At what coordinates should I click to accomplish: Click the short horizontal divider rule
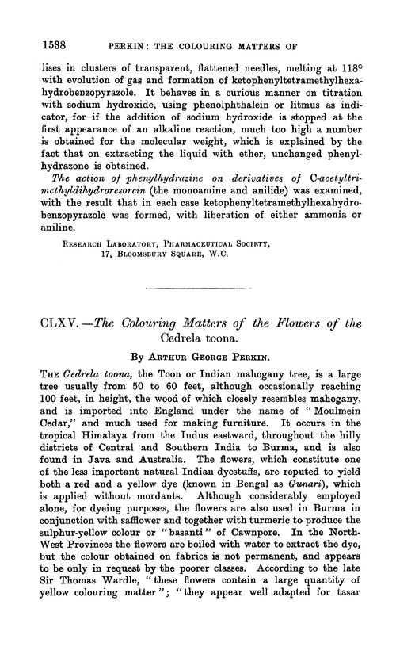[x=197, y=303]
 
